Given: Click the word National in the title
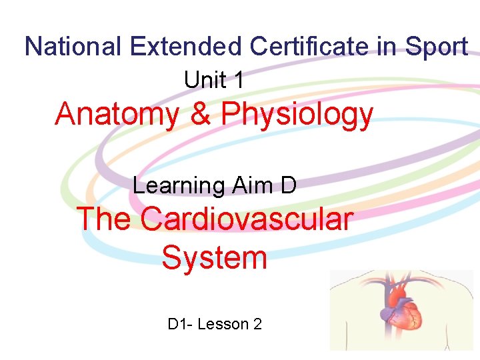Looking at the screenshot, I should [x=73, y=47].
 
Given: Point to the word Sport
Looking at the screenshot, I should [x=437, y=47].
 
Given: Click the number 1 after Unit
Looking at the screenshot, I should [x=238, y=81].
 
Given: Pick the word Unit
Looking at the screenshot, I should [x=205, y=81].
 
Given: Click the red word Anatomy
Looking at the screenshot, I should [x=117, y=115].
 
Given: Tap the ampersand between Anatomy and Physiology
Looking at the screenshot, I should [x=200, y=114].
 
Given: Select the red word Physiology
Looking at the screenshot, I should [x=297, y=115].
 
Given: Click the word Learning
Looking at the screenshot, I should [x=178, y=185].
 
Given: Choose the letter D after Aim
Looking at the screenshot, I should [x=288, y=185].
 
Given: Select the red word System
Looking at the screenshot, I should [x=214, y=257].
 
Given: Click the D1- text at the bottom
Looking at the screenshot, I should [x=180, y=325].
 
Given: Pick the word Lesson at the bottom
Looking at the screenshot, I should [x=222, y=325].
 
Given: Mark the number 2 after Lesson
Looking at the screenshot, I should [x=257, y=325].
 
